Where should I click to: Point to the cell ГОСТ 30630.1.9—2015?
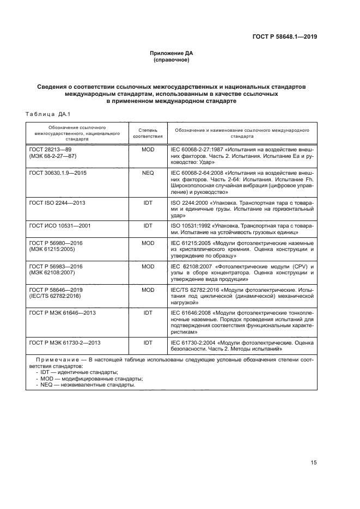[56, 173]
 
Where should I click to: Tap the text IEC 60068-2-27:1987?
[194, 149]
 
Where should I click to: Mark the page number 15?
[313, 463]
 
